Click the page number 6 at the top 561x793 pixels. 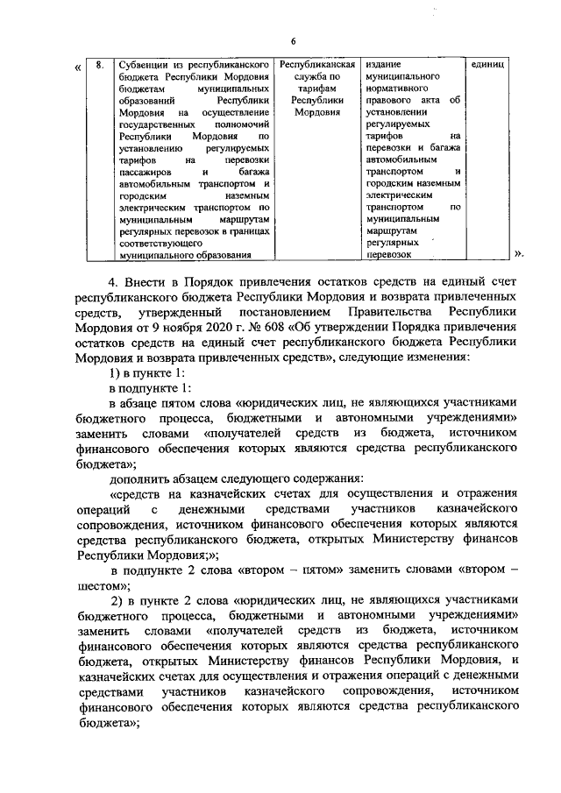[294, 42]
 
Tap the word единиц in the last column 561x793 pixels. [486, 65]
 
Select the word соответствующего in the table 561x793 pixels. [161, 244]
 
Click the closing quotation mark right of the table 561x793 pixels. [521, 255]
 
